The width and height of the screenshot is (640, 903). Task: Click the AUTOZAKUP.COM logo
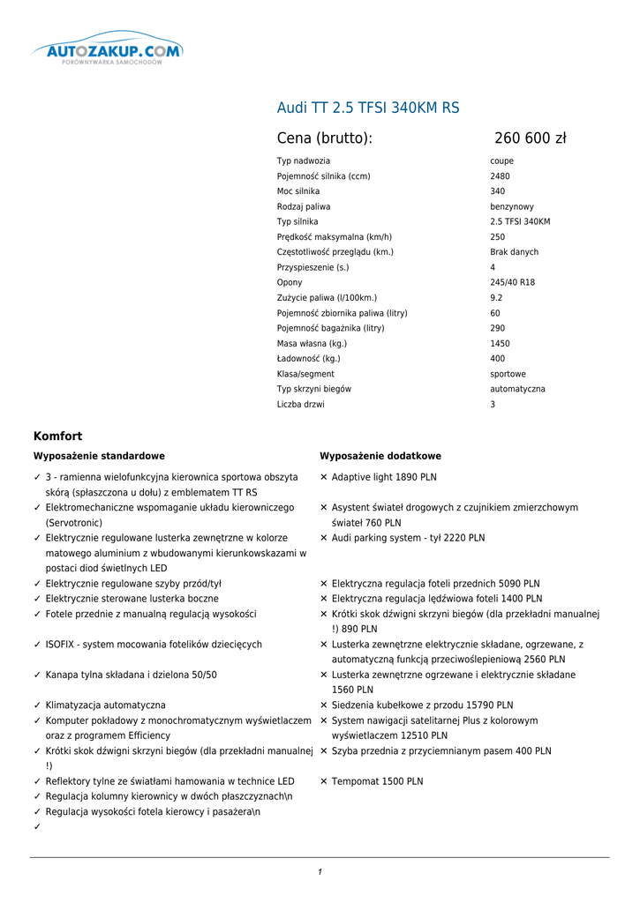[x=108, y=52]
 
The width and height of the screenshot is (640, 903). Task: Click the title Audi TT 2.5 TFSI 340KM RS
[x=368, y=108]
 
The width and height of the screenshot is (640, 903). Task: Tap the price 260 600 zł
[x=530, y=138]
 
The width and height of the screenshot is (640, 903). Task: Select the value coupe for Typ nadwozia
[x=501, y=161]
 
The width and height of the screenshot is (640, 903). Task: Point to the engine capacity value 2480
[x=500, y=176]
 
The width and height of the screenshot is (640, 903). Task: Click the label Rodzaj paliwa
[x=304, y=206]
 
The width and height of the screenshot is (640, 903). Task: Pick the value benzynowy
[x=512, y=206]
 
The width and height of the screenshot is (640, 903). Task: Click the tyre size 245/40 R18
[x=512, y=282]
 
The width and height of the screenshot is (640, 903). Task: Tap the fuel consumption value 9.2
[x=496, y=298]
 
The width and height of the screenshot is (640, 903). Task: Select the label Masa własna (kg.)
[x=312, y=343]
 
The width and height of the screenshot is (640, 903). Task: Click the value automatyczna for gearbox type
[x=517, y=389]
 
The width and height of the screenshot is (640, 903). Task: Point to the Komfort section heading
[x=57, y=436]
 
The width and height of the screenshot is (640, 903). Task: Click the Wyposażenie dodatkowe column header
[x=380, y=456]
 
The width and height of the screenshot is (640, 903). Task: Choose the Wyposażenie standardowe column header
[x=99, y=456]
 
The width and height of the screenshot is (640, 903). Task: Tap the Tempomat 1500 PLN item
[x=377, y=781]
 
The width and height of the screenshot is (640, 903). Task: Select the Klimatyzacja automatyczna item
[x=105, y=705]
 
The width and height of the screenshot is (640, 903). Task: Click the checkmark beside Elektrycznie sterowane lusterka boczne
[x=37, y=599]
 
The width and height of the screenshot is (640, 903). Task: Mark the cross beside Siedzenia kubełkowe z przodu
[x=324, y=705]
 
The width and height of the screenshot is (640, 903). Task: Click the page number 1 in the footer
[x=320, y=872]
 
